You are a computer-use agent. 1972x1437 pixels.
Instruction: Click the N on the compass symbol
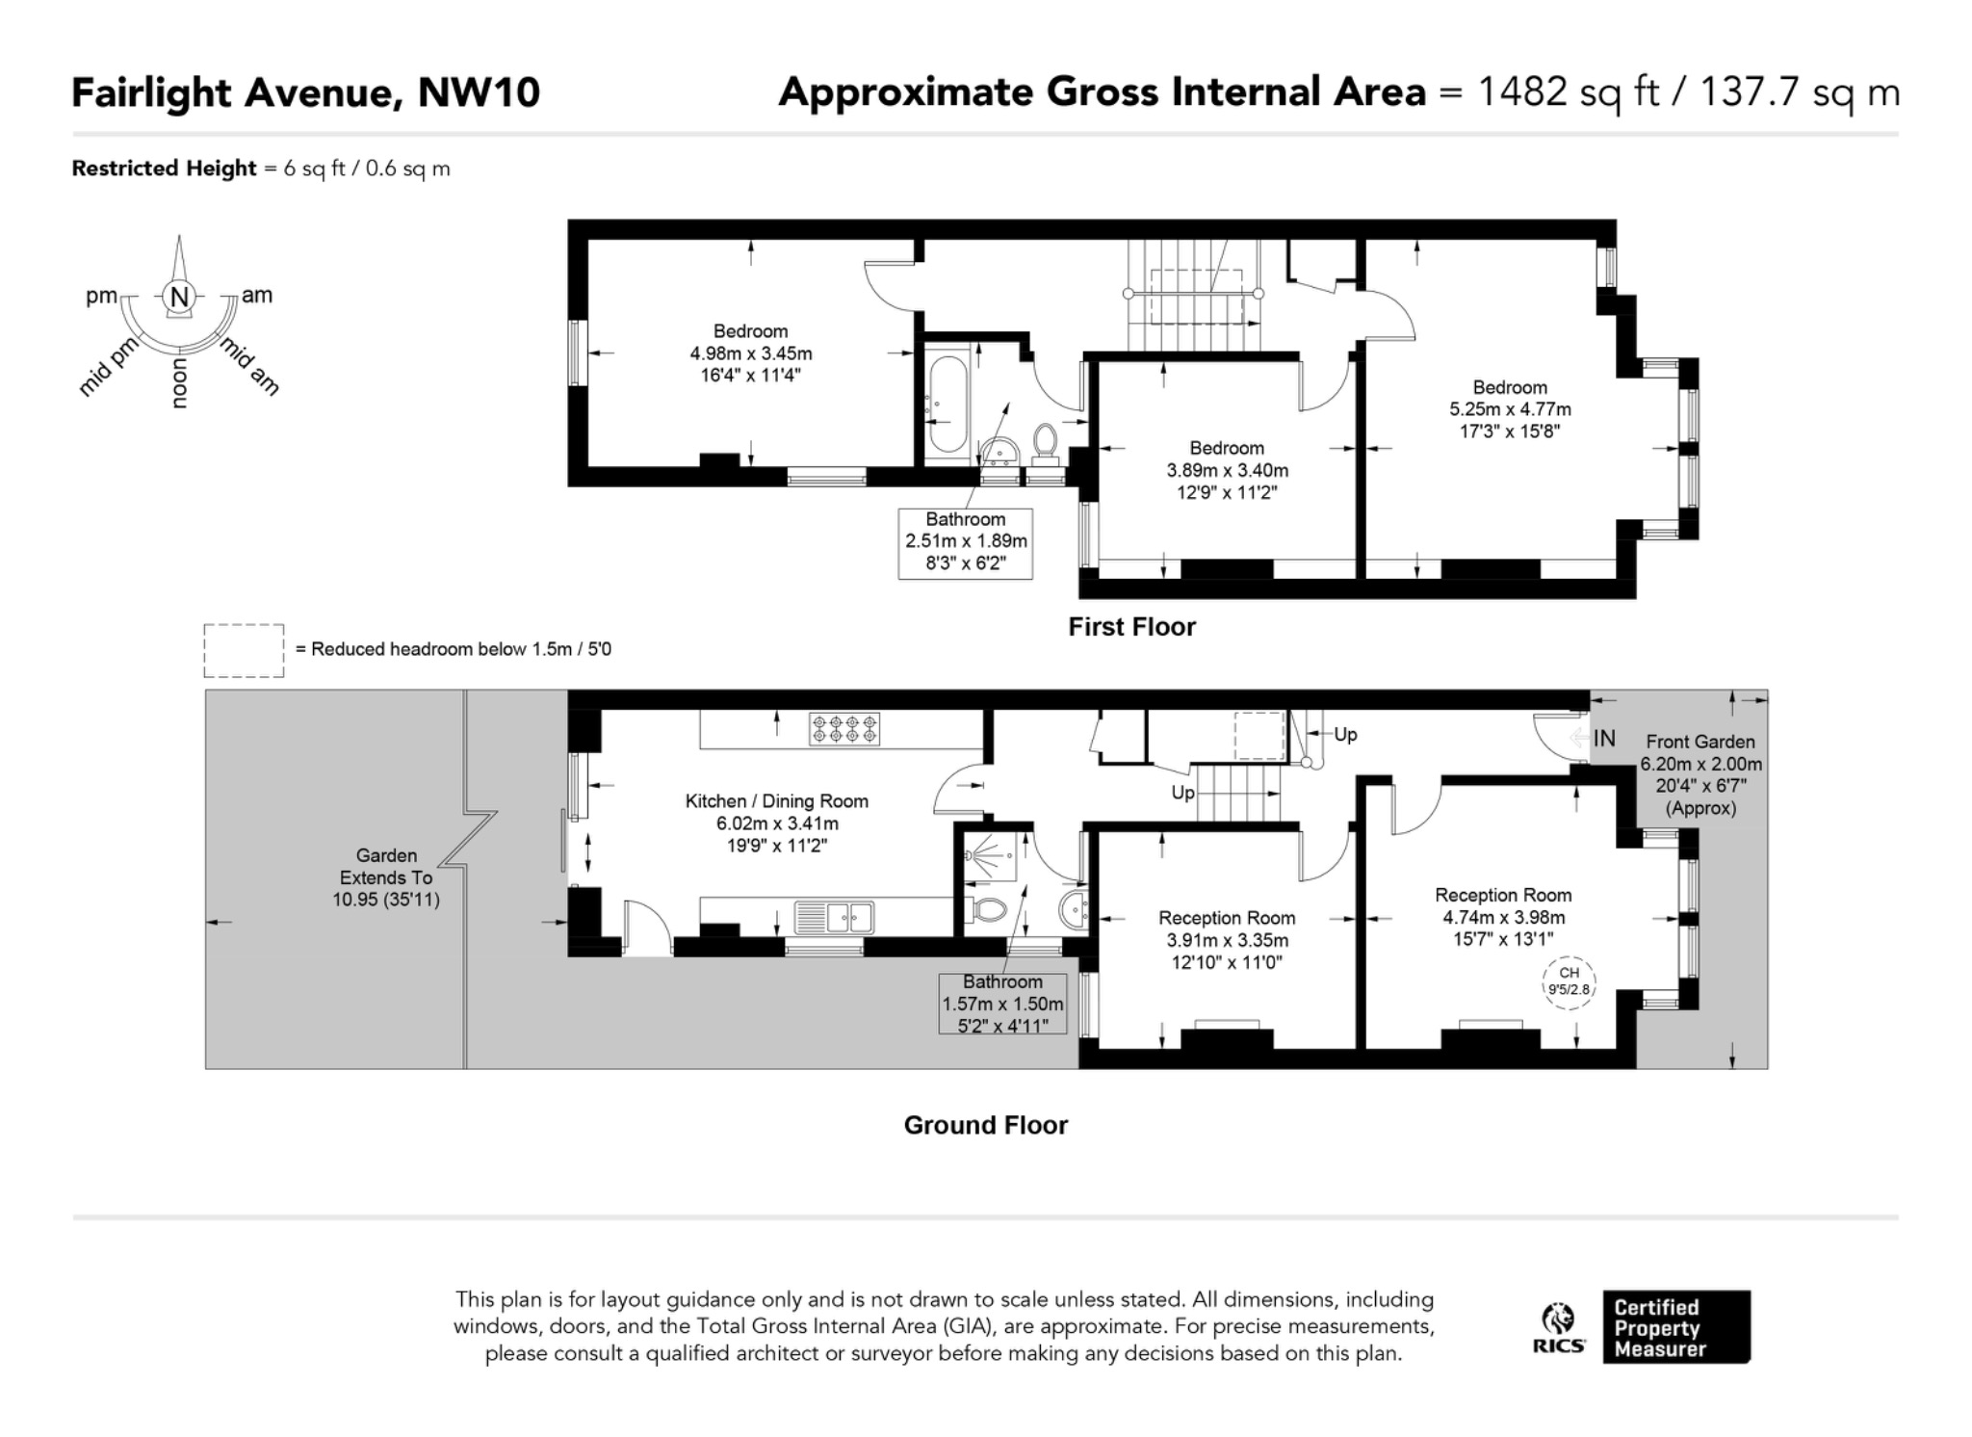click(x=180, y=297)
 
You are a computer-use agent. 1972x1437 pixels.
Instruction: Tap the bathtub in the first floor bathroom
click(x=947, y=405)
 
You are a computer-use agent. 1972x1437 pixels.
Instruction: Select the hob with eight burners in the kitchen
click(x=844, y=728)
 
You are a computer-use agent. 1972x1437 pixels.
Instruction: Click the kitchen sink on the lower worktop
click(x=834, y=917)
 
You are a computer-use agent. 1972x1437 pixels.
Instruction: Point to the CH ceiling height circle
click(x=1569, y=982)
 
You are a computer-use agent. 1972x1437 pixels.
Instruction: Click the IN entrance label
click(x=1604, y=739)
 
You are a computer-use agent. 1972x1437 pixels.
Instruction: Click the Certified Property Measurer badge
click(x=1676, y=1327)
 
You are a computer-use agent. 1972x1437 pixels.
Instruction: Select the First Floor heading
click(x=1131, y=627)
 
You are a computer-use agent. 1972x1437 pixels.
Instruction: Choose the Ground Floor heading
click(x=986, y=1125)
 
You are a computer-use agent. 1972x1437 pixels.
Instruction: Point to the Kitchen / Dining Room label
click(x=777, y=801)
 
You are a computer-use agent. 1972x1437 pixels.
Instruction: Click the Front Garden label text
click(x=1700, y=742)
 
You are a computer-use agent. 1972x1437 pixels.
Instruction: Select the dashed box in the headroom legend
click(x=244, y=651)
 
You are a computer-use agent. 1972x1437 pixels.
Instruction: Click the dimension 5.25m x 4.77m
click(x=1510, y=409)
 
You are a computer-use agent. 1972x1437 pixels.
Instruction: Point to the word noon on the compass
click(x=179, y=383)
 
